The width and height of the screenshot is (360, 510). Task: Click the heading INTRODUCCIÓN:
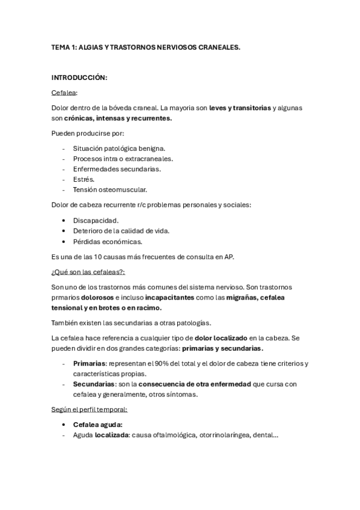(x=79, y=78)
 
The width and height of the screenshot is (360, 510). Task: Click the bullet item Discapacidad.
(x=96, y=220)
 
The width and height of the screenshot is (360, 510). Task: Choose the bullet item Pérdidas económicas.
(x=108, y=241)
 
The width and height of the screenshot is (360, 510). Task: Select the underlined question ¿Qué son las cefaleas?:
(x=88, y=272)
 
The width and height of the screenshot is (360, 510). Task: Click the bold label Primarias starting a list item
(x=90, y=363)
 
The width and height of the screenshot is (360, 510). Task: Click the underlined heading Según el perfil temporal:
(x=90, y=410)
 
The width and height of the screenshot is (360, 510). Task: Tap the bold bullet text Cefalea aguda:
(x=97, y=425)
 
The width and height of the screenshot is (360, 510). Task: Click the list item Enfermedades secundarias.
(x=117, y=169)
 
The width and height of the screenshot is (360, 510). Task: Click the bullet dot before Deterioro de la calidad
(x=64, y=231)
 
